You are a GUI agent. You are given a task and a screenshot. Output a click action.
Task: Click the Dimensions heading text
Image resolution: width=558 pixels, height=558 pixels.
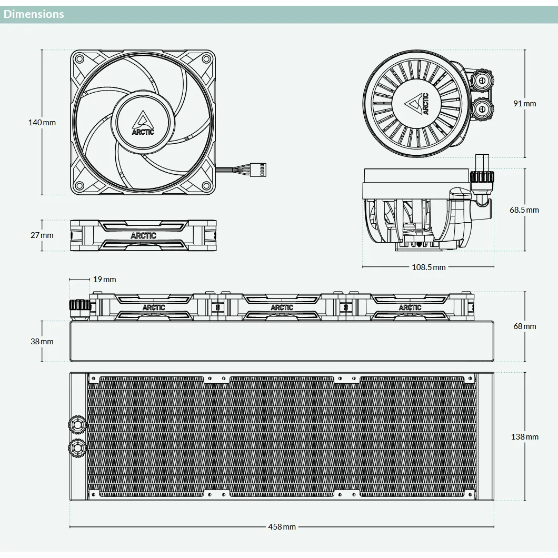[34, 14]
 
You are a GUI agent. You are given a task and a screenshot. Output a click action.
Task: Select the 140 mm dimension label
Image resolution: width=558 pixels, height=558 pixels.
[42, 123]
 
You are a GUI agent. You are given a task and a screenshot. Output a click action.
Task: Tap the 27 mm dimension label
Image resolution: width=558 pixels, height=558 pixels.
[42, 235]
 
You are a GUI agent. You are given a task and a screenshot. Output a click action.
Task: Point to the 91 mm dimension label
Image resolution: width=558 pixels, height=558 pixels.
[524, 104]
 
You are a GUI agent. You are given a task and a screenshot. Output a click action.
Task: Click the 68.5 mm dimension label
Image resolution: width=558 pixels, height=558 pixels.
[524, 210]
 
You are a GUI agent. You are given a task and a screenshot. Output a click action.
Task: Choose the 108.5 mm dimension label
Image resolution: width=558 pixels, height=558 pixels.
[429, 267]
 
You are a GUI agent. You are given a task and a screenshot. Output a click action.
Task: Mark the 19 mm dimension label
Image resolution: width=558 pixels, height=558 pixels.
[105, 280]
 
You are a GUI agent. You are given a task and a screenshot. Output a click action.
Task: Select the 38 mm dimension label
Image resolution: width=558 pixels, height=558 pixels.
[42, 342]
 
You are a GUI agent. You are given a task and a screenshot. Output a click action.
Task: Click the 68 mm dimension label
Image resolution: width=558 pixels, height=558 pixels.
[524, 326]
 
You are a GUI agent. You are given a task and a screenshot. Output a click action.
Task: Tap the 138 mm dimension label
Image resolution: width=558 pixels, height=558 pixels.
[524, 437]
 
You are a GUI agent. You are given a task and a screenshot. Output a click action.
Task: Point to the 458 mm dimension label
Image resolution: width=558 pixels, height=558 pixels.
[282, 527]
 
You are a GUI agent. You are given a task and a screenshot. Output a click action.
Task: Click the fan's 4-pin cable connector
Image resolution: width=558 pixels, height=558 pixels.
[258, 170]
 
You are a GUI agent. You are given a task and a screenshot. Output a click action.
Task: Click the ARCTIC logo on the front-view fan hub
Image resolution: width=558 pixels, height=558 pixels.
[143, 123]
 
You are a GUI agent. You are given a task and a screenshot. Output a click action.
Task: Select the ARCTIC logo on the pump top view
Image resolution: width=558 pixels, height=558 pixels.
[417, 104]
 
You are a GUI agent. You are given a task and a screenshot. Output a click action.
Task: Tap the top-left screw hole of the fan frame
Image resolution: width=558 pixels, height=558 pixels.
[79, 59]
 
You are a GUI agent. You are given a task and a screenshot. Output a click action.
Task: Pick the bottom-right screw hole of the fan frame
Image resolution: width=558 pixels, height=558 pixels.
[206, 186]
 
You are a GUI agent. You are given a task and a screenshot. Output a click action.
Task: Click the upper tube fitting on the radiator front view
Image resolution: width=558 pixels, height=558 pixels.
[77, 424]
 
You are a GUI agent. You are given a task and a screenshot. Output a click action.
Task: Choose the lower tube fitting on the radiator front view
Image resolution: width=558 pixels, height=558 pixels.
[77, 448]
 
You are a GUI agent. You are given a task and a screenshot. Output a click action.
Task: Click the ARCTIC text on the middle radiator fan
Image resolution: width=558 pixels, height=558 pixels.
[282, 307]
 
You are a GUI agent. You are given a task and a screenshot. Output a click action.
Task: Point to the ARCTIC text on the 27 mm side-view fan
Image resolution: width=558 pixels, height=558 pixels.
[143, 236]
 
